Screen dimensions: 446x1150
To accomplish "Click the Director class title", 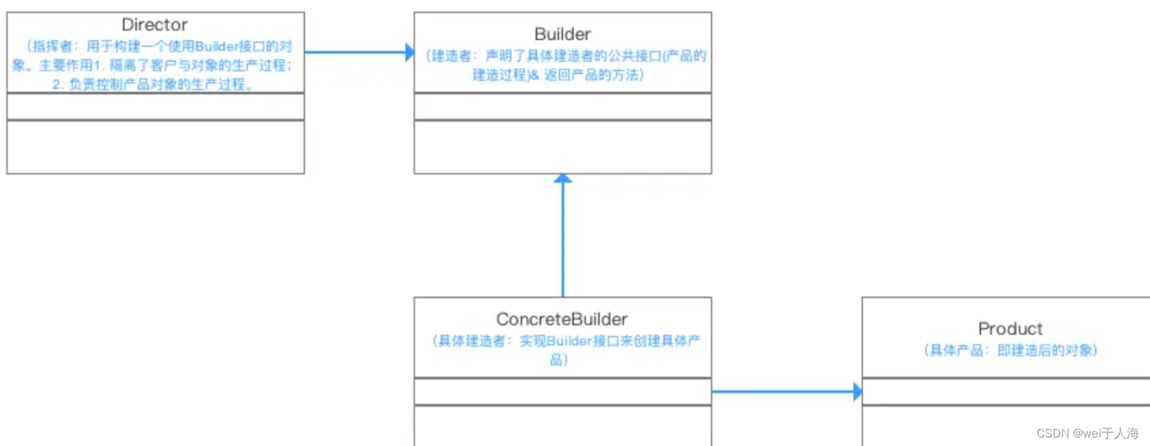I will coord(154,25).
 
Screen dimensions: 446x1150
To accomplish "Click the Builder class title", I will coord(562,34).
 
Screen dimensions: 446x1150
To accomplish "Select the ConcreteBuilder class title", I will coord(562,319).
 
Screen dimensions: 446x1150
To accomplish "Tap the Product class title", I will coord(1010,329).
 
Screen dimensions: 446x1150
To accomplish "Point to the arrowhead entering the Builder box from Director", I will coord(409,52).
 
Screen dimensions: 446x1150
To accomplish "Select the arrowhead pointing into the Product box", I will coord(857,392).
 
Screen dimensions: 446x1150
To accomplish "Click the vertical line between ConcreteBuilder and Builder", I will coord(563,240).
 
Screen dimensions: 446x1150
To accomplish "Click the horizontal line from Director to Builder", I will coord(354,52).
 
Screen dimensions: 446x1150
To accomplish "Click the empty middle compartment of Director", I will coord(156,107).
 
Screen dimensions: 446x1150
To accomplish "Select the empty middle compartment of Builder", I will coord(562,107).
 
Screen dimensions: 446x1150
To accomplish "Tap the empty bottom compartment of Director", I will coord(156,147).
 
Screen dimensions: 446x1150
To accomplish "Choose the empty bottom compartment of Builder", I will coord(562,147).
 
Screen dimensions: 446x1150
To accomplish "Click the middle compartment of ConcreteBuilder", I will coord(562,392).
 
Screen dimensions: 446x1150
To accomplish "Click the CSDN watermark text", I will coord(1088,433).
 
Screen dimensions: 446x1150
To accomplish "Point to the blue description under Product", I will coord(1010,351).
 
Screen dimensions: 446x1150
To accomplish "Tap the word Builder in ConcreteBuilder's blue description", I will coord(569,341).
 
